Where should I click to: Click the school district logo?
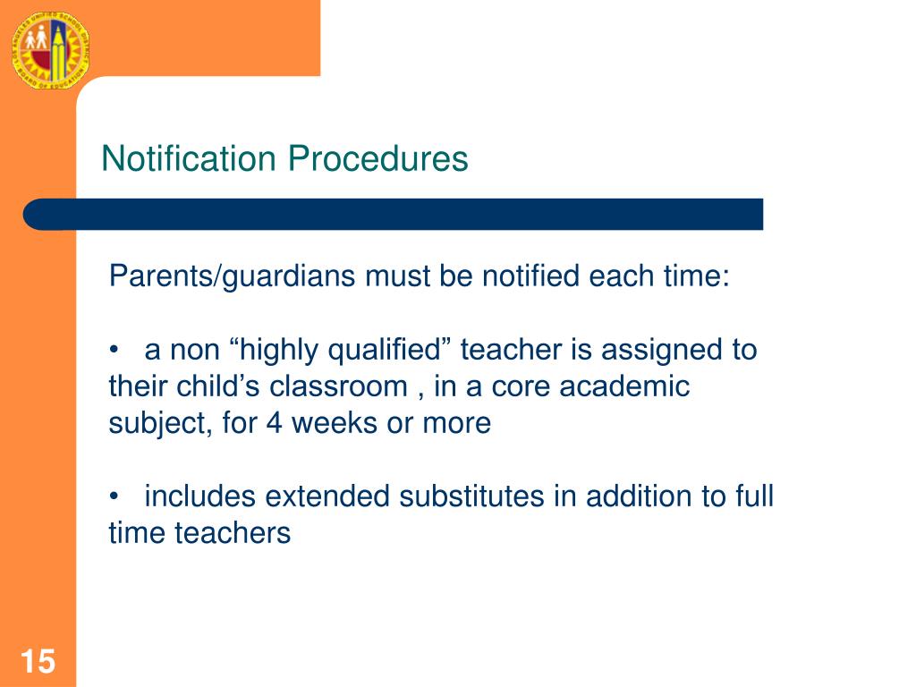point(50,49)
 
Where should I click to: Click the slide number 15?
point(38,663)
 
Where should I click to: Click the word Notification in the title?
point(189,159)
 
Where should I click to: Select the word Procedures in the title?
point(377,159)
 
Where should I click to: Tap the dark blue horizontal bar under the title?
point(394,215)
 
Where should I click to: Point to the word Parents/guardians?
point(232,276)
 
